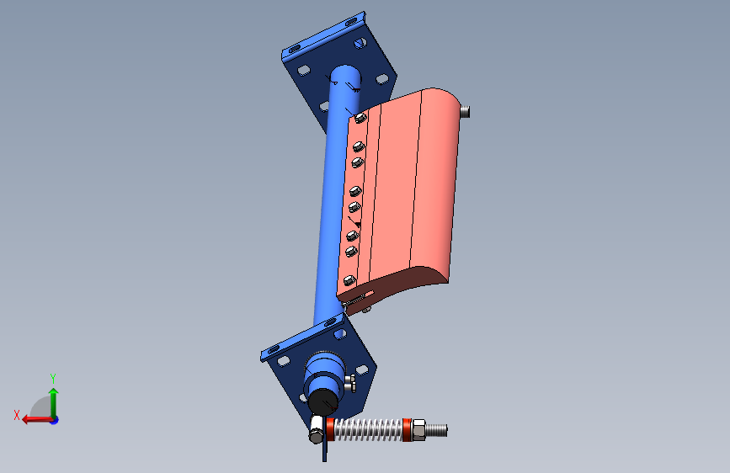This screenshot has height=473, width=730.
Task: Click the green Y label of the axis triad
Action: pyautogui.click(x=52, y=378)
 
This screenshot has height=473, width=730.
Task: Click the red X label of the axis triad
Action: pyautogui.click(x=17, y=415)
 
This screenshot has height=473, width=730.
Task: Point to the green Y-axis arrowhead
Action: pyautogui.click(x=54, y=392)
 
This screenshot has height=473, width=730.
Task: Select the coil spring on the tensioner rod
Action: pyautogui.click(x=368, y=430)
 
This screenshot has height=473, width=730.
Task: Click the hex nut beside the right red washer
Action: pyautogui.click(x=418, y=430)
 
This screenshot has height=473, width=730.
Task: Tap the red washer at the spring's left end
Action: pyautogui.click(x=330, y=429)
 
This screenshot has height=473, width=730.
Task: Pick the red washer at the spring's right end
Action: pyautogui.click(x=407, y=430)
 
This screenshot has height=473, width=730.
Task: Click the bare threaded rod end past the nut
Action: pyautogui.click(x=437, y=430)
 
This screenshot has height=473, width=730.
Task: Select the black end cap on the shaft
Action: pyautogui.click(x=323, y=401)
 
